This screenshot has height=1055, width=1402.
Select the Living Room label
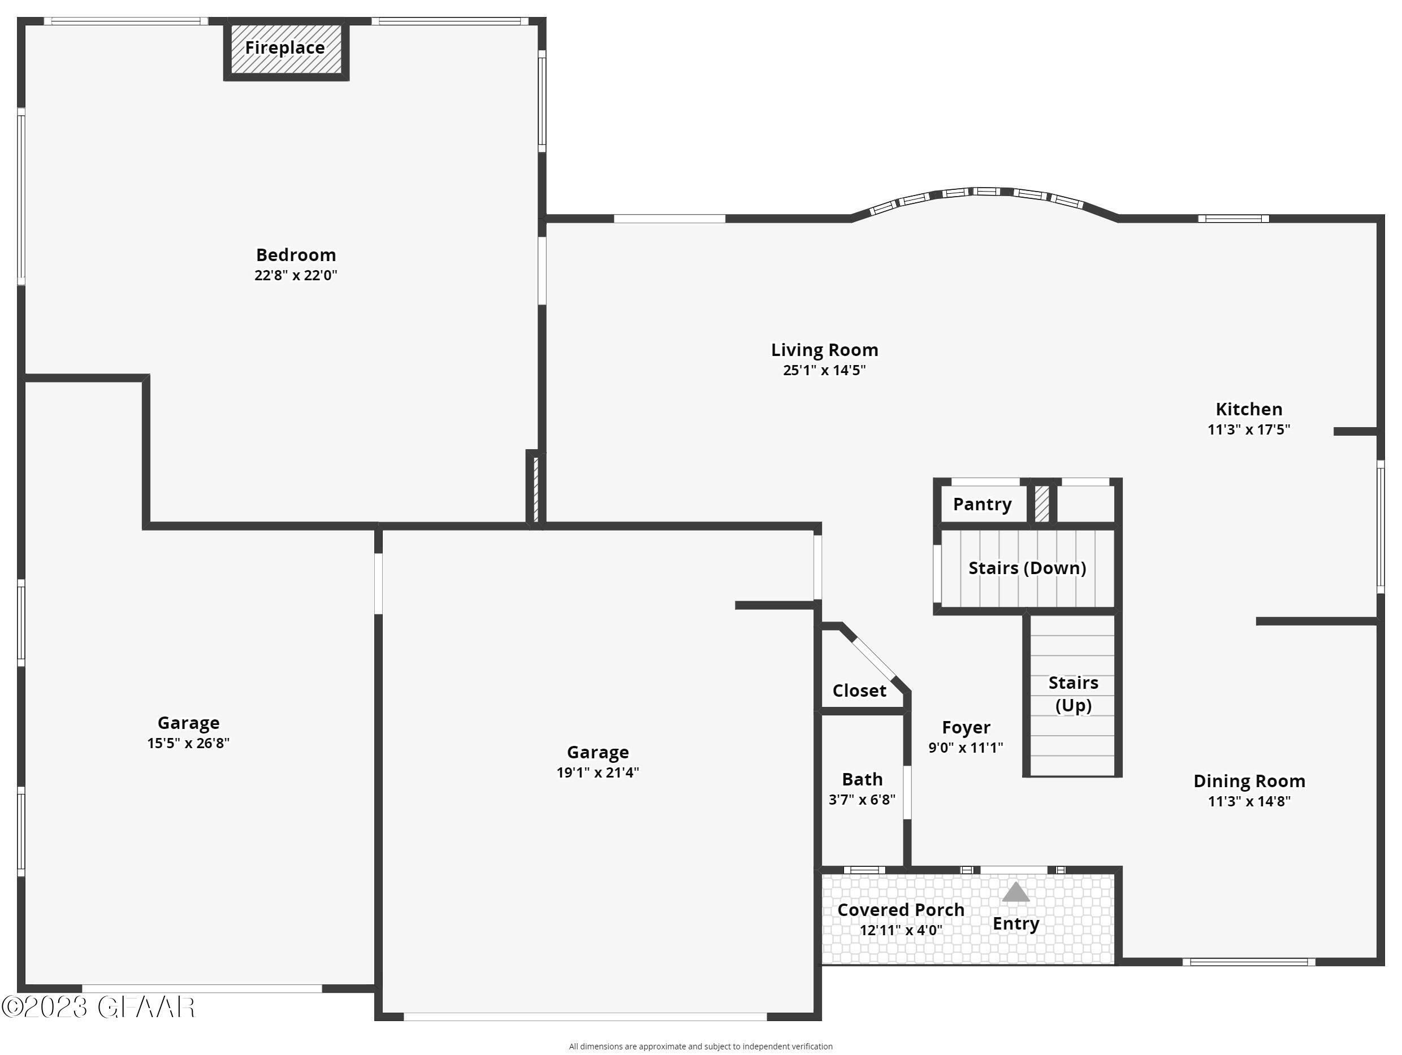[824, 350]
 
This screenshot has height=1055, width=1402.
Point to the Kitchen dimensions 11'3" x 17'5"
[1249, 429]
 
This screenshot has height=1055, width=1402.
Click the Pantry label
[982, 505]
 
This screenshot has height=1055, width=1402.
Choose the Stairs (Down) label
[1027, 568]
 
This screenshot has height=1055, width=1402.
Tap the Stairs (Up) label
[1073, 694]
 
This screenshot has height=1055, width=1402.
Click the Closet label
[859, 691]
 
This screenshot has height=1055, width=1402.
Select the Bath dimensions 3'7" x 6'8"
[862, 800]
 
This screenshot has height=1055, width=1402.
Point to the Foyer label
[966, 727]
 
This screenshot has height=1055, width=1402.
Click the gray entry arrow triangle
[1015, 892]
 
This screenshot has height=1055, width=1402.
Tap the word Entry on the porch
[1015, 923]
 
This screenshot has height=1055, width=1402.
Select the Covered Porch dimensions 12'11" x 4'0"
[901, 930]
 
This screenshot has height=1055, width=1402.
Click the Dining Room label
[1249, 780]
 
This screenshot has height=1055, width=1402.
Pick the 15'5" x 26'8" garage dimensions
[188, 743]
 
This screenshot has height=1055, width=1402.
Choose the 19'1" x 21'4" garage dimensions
[598, 772]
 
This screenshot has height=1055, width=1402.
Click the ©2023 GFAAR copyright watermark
[98, 1008]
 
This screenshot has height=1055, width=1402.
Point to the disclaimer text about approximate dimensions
[700, 1047]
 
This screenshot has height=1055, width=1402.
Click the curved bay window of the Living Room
[984, 193]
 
